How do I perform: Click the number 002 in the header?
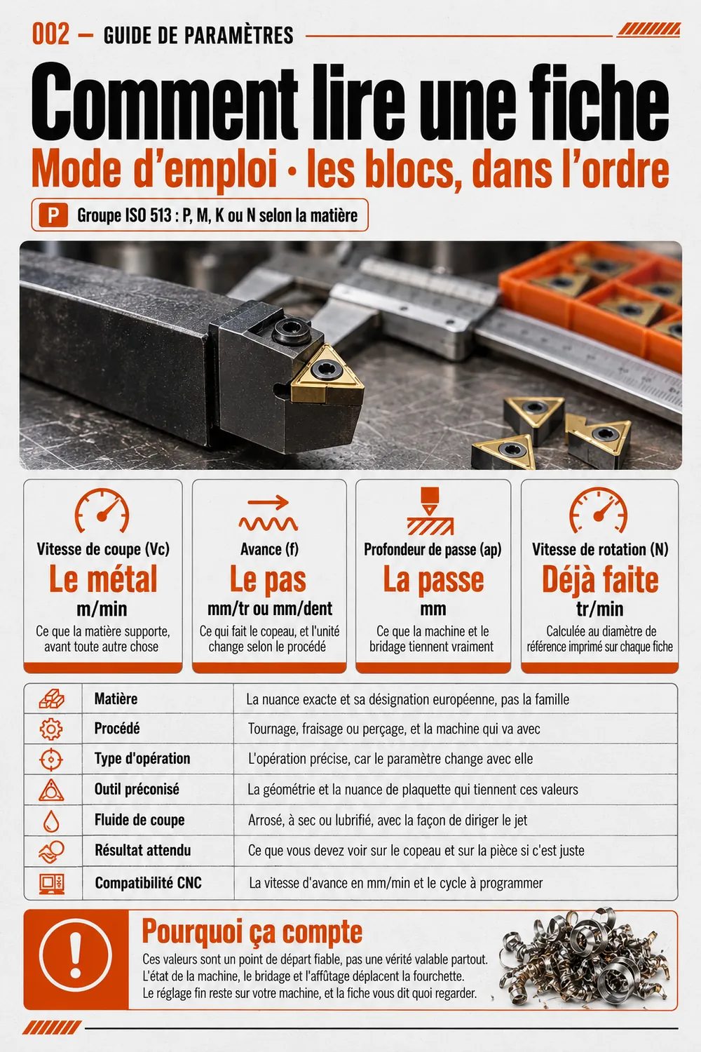tap(50, 35)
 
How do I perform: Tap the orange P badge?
tap(53, 215)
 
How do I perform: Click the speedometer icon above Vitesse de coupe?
tap(102, 511)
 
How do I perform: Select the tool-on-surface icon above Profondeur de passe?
tap(430, 511)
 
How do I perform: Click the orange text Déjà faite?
tap(600, 579)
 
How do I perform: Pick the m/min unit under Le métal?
tap(102, 609)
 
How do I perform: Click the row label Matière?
tap(116, 699)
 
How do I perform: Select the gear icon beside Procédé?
tap(51, 729)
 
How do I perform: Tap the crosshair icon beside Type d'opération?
tap(51, 760)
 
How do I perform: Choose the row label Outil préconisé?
tap(137, 789)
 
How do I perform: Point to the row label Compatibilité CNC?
tap(149, 883)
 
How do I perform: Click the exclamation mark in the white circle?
tap(76, 955)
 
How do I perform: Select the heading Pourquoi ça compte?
tap(252, 932)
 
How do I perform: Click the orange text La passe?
tap(433, 579)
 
